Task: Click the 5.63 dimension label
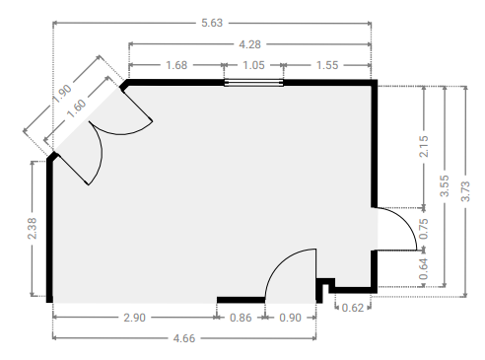pos(212,23)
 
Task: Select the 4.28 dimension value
pos(249,44)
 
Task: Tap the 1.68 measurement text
pos(176,65)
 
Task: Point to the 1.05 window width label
pos(253,65)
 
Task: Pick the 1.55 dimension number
pos(327,65)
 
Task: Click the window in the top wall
pos(253,83)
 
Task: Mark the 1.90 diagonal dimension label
pos(62,94)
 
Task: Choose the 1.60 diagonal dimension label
pos(77,108)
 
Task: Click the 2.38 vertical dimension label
pos(33,228)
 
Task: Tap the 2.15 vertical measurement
pos(424,146)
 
